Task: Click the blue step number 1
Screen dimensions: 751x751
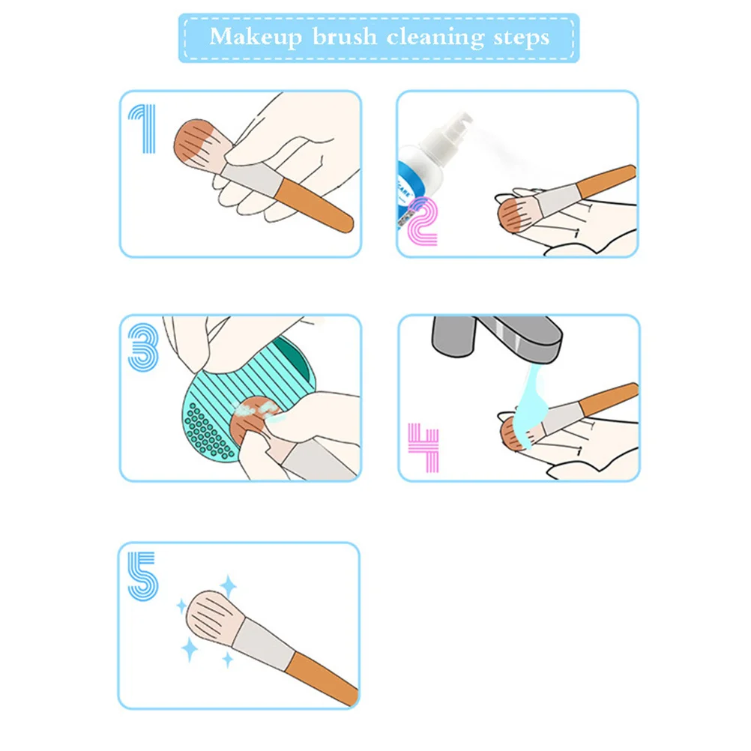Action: coord(142,129)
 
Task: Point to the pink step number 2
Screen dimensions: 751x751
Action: coord(421,220)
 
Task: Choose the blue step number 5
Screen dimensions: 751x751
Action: coord(142,576)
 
